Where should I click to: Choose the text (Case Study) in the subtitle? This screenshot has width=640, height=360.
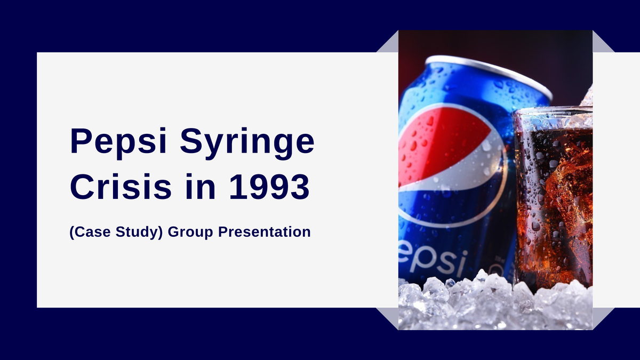(x=116, y=233)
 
